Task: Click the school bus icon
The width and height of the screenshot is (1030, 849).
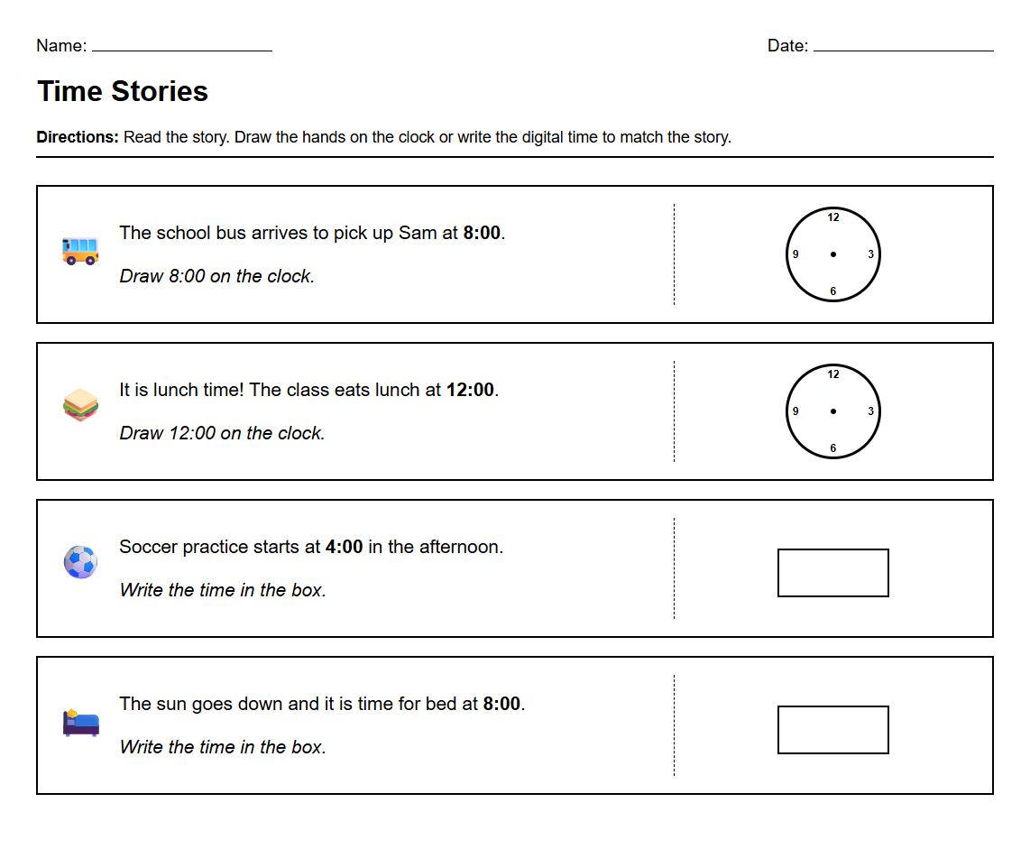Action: [80, 250]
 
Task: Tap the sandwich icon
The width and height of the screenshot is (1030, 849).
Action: [80, 405]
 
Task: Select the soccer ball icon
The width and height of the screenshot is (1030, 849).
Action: [80, 561]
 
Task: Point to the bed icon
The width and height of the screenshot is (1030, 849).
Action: [80, 722]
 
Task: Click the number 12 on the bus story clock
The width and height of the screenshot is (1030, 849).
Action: [832, 217]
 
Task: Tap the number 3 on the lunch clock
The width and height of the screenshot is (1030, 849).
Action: [870, 411]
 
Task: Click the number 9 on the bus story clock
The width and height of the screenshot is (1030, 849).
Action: [795, 254]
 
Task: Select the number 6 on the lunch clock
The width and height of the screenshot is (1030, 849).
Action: [832, 448]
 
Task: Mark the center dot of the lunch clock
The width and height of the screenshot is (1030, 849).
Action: [832, 411]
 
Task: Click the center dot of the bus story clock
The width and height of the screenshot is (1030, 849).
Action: [832, 254]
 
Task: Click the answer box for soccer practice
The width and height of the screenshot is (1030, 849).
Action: [832, 573]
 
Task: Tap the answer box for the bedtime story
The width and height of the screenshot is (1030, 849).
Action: [832, 730]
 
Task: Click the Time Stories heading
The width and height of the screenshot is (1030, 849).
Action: [123, 91]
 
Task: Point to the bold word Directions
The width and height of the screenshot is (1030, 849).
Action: [77, 138]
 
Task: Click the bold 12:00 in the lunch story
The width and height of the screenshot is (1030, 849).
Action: [470, 390]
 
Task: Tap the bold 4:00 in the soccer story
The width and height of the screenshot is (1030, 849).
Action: [344, 547]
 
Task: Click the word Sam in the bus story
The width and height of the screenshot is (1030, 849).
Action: [418, 233]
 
